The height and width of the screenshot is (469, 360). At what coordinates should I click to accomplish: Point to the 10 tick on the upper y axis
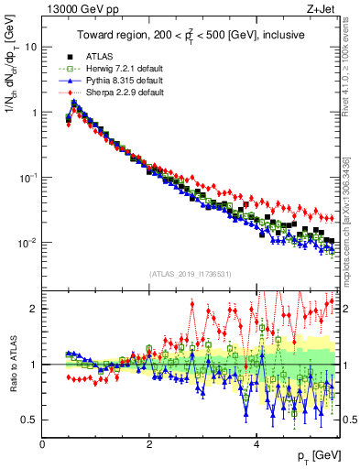tap(33, 47)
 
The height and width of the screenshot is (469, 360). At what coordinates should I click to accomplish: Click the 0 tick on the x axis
tap(42, 444)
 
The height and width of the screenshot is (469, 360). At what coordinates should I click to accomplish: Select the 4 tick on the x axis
tap(256, 444)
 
